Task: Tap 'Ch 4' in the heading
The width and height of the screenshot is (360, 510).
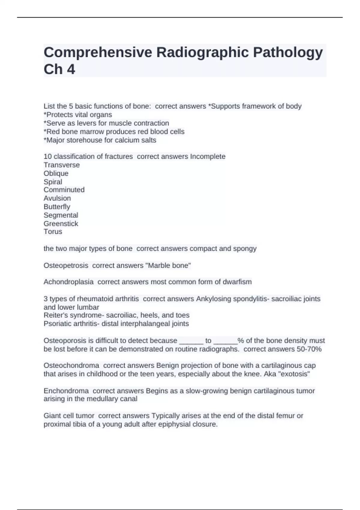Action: point(59,69)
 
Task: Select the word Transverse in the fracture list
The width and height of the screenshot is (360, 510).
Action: point(61,165)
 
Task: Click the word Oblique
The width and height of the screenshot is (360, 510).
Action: point(56,173)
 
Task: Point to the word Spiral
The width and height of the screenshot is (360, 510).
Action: point(53,182)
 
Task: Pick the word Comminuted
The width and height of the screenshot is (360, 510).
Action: point(64,190)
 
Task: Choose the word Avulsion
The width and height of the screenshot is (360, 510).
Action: point(57,198)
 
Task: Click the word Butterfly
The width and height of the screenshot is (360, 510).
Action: point(57,207)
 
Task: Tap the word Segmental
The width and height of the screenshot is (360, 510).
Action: point(61,215)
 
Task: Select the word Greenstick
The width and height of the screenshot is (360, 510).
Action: point(61,223)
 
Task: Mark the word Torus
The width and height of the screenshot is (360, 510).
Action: point(53,232)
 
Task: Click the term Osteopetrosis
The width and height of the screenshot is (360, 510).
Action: point(66,265)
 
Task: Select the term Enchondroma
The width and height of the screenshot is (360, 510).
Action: point(66,391)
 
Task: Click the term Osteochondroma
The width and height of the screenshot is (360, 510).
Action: point(71,366)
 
